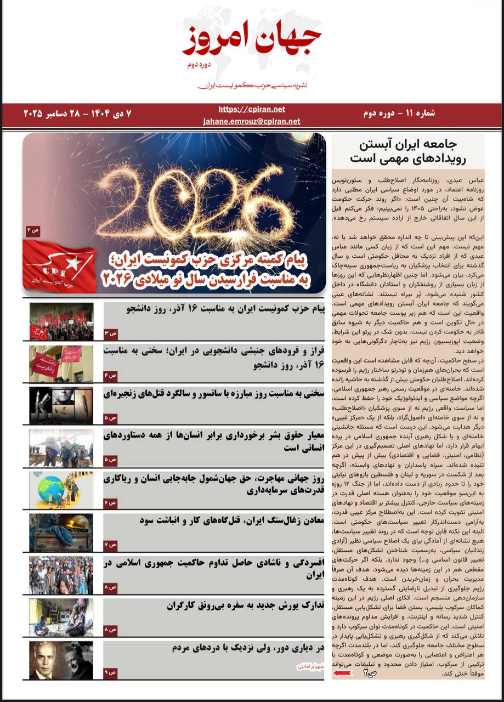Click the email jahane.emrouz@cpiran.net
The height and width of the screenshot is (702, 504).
(x=252, y=121)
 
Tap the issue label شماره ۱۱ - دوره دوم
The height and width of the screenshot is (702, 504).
(x=399, y=114)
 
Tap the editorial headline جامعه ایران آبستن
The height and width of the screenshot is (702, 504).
(x=408, y=145)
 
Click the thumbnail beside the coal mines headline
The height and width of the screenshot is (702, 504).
(x=61, y=532)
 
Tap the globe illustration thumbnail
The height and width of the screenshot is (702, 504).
(x=61, y=490)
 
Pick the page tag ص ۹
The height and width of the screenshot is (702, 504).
(x=110, y=672)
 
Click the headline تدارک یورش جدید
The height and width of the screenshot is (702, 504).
(x=246, y=605)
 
